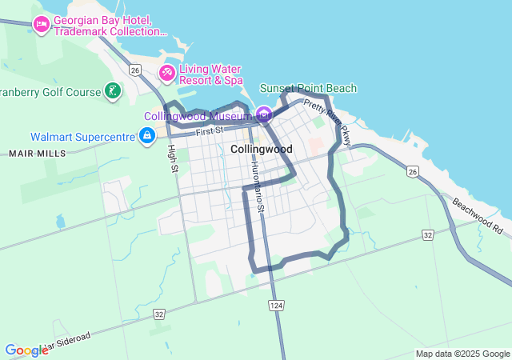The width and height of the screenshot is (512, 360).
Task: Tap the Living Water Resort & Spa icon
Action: [167, 74]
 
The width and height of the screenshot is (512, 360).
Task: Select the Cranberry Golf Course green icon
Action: [113, 90]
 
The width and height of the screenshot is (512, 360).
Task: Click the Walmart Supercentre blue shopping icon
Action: [146, 137]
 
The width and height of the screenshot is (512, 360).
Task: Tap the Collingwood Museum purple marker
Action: [263, 114]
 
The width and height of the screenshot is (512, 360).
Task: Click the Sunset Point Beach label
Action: [308, 88]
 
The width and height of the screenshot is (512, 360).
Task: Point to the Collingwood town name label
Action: [261, 150]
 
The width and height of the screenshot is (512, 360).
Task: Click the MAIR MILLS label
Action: [38, 152]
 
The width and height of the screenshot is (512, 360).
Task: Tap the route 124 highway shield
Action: [277, 306]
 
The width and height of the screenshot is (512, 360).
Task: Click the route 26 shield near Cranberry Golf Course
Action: [135, 70]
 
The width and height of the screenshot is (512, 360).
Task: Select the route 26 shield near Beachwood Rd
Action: [413, 171]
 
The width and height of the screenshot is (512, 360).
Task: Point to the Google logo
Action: [26, 350]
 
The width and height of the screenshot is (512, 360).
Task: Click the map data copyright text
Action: [462, 354]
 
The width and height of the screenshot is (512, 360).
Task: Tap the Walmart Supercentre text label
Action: [82, 137]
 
